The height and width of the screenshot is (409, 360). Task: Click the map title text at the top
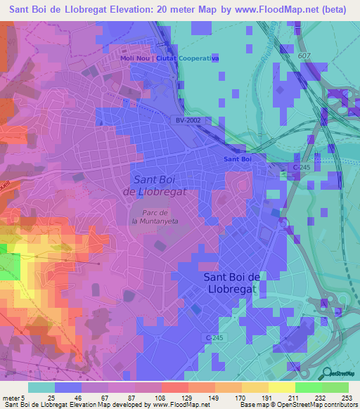pos(180,10)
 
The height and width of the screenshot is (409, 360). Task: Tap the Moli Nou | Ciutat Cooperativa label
pos(169,58)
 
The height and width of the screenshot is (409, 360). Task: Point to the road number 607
pos(303,56)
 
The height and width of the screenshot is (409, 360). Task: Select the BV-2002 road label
pos(188,121)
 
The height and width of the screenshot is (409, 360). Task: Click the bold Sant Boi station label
pos(238,160)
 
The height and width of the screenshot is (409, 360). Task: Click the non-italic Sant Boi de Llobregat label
pos(233,283)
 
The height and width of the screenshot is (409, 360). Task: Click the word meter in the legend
pos(11,398)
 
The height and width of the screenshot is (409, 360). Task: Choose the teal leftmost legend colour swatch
pos(41,387)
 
